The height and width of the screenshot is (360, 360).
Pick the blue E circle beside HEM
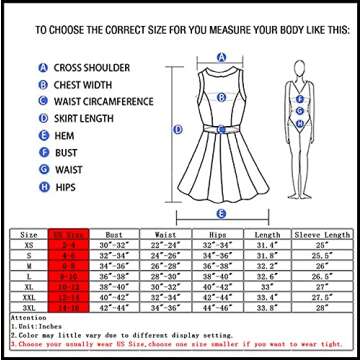[43, 136]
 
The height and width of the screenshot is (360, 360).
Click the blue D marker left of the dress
[177, 130]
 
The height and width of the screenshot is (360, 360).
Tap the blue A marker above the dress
[219, 57]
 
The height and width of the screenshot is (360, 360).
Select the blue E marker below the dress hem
[220, 213]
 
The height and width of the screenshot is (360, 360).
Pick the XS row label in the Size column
[29, 244]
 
